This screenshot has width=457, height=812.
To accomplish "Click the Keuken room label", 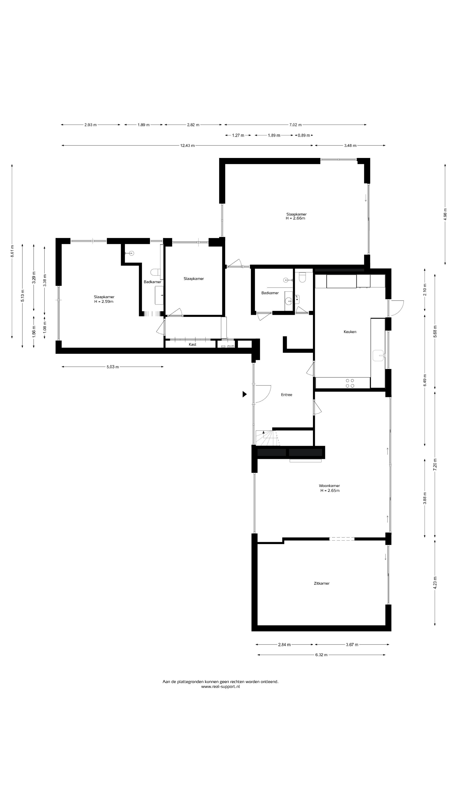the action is coord(350,332).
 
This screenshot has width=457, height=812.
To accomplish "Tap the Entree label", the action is coord(286,395).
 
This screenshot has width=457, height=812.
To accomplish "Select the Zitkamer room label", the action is coord(321,583).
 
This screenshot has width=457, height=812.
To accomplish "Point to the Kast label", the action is coord(192,344).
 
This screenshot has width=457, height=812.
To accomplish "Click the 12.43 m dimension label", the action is coord(187,146).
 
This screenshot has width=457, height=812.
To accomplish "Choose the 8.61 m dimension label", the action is coord(12,251).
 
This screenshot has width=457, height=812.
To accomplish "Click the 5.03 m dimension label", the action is coord(113,367).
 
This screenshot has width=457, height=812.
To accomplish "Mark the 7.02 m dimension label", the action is coord(296,125).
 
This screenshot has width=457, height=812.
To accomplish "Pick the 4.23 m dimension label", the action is coord(435,583).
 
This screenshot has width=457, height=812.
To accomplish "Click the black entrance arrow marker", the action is coord(244,394).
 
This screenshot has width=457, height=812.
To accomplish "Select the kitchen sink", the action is coord(379,355).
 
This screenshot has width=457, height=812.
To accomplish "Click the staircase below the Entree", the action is coord(267,438).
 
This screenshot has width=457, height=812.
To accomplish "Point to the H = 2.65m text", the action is coord(330,491).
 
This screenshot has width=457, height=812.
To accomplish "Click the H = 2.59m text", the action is coord(104,302).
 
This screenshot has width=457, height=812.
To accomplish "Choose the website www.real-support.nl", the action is coord(220,687).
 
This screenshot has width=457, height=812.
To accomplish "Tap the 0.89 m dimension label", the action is coord(304,136).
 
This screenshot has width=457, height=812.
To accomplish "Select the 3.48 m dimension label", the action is coord(350,146).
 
